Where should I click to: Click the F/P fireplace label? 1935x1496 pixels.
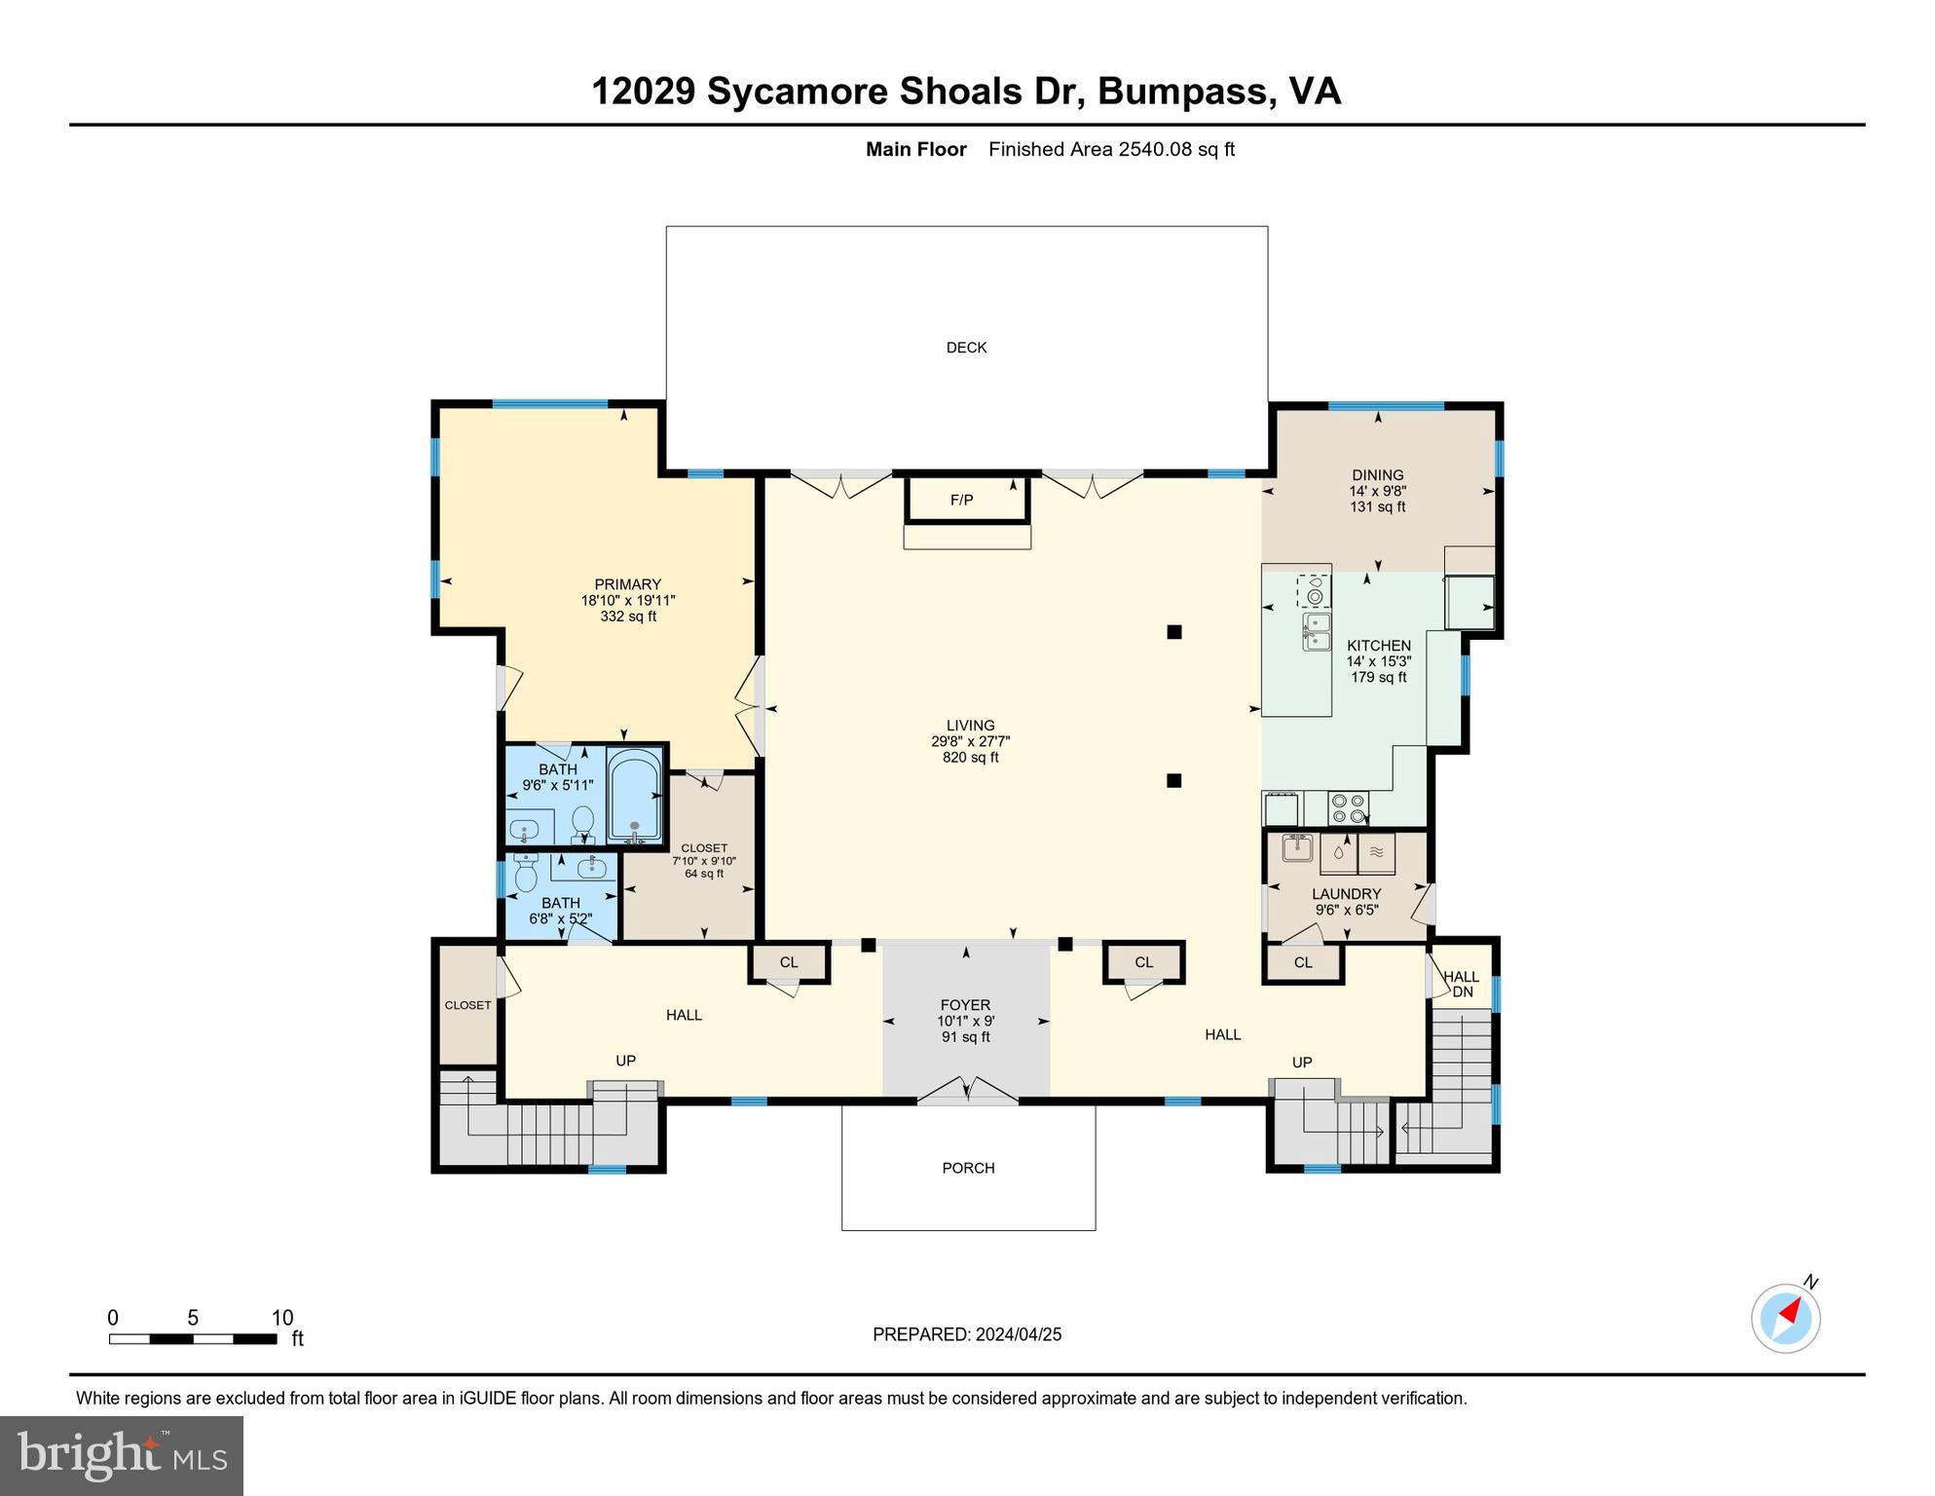[961, 501]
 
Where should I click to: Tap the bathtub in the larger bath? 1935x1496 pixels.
[634, 794]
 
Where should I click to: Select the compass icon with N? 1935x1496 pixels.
[1785, 1319]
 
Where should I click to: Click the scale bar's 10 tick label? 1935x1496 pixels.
[281, 1318]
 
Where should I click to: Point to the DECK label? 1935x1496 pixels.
[966, 348]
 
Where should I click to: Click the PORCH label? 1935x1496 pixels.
[968, 1168]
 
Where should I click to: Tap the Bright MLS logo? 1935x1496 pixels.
[122, 1455]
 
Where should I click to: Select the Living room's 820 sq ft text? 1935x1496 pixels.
[970, 757]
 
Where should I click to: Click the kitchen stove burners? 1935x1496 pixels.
[1349, 808]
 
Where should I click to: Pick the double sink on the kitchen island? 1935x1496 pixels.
[1316, 631]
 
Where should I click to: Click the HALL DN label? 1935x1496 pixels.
[1461, 984]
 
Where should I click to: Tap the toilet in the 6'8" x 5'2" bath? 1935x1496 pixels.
[526, 874]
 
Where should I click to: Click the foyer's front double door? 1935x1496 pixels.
[967, 1092]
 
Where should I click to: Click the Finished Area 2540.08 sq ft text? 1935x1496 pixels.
[1111, 149]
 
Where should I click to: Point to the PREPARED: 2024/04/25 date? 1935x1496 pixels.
[966, 1334]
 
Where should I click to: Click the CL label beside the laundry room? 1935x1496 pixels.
[1303, 962]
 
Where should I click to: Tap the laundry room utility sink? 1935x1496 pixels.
[1296, 847]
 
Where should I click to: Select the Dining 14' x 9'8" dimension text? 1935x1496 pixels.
[1377, 491]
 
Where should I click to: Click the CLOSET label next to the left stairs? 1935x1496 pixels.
[467, 1005]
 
